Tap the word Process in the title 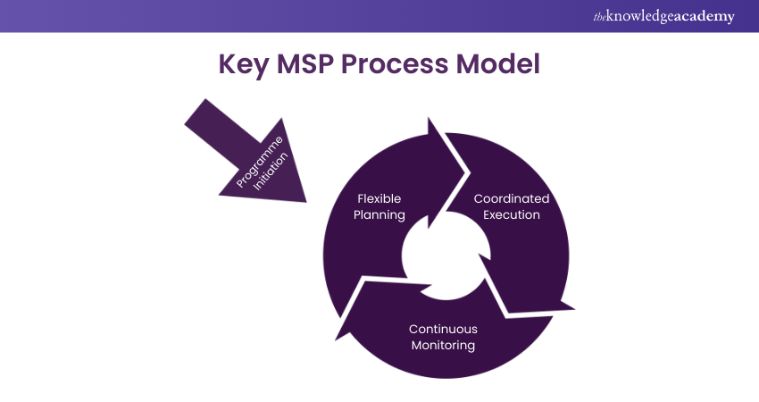point(405,66)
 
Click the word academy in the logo point(705,16)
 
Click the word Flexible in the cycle point(379,198)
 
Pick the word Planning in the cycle point(379,214)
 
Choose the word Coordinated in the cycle point(511,198)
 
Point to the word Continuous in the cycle point(443,329)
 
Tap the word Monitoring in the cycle point(443,345)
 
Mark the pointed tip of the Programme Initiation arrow point(304,201)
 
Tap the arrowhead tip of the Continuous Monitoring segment point(336,340)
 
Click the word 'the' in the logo point(600,16)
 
